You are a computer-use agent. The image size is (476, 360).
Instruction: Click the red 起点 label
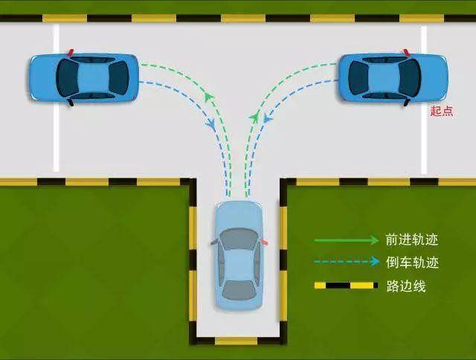coord(442,111)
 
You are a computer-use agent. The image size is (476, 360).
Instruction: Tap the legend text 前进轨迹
coord(412,240)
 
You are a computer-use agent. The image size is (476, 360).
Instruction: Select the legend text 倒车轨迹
coord(412,263)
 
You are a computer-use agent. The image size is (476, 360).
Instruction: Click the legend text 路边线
coord(406,286)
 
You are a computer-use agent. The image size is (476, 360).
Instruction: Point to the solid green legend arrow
coord(347,240)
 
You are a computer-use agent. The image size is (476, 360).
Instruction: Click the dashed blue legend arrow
coord(347,261)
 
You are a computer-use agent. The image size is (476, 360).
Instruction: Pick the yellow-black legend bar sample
coord(346,286)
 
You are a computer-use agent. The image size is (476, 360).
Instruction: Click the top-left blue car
coord(84,77)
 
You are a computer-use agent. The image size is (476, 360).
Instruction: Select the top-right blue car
coord(393,77)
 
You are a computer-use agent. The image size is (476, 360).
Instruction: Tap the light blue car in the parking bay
coord(239,256)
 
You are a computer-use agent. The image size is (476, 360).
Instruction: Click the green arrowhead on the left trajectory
coord(208,97)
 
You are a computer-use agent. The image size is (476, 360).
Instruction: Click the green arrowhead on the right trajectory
coord(254,116)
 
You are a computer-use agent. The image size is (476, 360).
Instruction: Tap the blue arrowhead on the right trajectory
coord(267,118)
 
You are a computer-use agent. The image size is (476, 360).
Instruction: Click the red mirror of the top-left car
coord(71,53)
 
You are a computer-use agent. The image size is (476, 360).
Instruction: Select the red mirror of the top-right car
coord(407,52)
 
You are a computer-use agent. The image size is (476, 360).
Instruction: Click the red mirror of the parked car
coord(265,242)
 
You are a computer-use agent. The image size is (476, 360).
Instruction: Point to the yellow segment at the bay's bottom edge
coord(237,341)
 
